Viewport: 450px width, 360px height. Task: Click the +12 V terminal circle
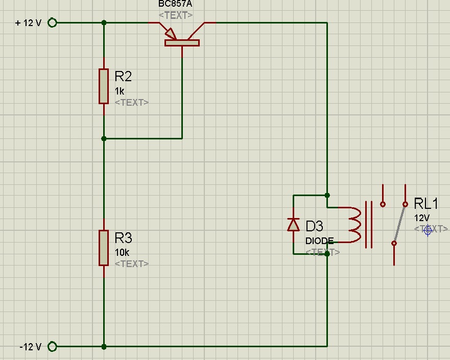pyautogui.click(x=52, y=22)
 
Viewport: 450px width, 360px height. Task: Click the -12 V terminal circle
pyautogui.click(x=52, y=347)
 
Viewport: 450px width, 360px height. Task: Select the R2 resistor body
pyautogui.click(x=104, y=86)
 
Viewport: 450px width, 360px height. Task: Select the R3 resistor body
pyautogui.click(x=104, y=248)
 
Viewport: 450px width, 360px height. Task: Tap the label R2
pyautogui.click(x=123, y=77)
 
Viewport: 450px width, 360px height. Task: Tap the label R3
pyautogui.click(x=123, y=238)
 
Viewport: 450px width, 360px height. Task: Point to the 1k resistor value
pyautogui.click(x=120, y=91)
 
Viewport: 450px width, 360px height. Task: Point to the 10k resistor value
pyautogui.click(x=122, y=252)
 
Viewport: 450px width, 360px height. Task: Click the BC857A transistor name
pyautogui.click(x=175, y=5)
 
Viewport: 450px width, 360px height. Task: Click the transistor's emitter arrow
pyautogui.click(x=170, y=34)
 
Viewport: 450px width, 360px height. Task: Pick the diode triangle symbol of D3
pyautogui.click(x=293, y=225)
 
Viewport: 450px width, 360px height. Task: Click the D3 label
pyautogui.click(x=314, y=226)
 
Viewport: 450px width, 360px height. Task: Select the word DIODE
pyautogui.click(x=319, y=241)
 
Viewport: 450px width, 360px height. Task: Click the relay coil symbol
pyautogui.click(x=355, y=225)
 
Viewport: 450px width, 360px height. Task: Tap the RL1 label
pyautogui.click(x=426, y=204)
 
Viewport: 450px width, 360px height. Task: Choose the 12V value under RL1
pyautogui.click(x=421, y=218)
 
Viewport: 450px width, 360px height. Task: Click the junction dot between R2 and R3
pyautogui.click(x=104, y=138)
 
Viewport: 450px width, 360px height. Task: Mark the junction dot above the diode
pyautogui.click(x=327, y=195)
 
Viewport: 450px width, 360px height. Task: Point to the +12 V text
pyautogui.click(x=28, y=23)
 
